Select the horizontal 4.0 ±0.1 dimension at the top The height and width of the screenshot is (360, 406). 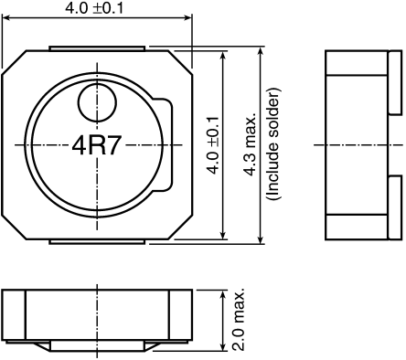pos(96,8)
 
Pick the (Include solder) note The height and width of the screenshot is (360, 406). pos(272,144)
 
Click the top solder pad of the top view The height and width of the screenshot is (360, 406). pos(96,47)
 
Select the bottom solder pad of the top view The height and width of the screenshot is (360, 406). pos(96,242)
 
